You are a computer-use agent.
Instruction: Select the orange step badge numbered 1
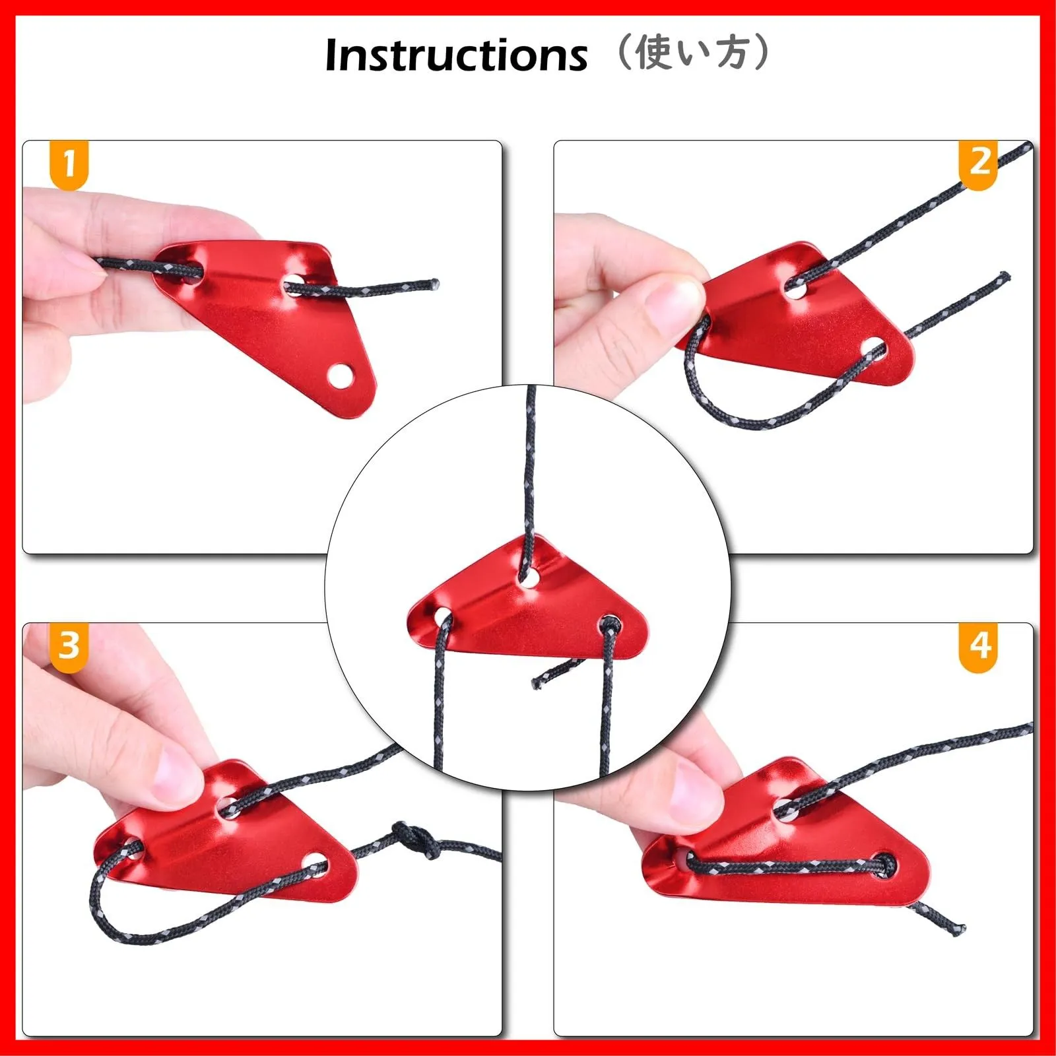(x=69, y=164)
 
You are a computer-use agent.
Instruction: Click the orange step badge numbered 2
(x=978, y=164)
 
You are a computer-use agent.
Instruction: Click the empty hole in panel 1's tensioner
(x=341, y=376)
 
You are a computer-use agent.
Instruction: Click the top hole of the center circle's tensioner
(x=528, y=581)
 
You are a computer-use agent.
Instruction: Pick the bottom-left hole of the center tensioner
(x=442, y=619)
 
